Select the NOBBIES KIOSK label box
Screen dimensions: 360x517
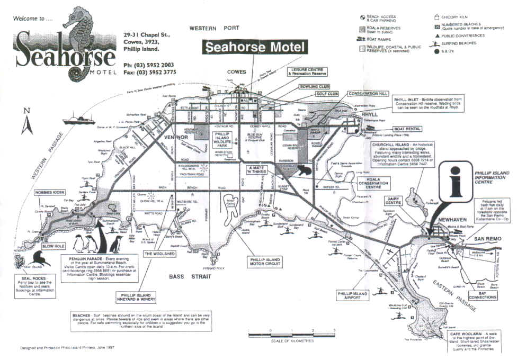click(49, 192)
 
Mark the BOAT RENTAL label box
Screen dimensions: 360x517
click(407, 129)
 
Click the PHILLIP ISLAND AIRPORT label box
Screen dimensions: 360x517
click(352, 295)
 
